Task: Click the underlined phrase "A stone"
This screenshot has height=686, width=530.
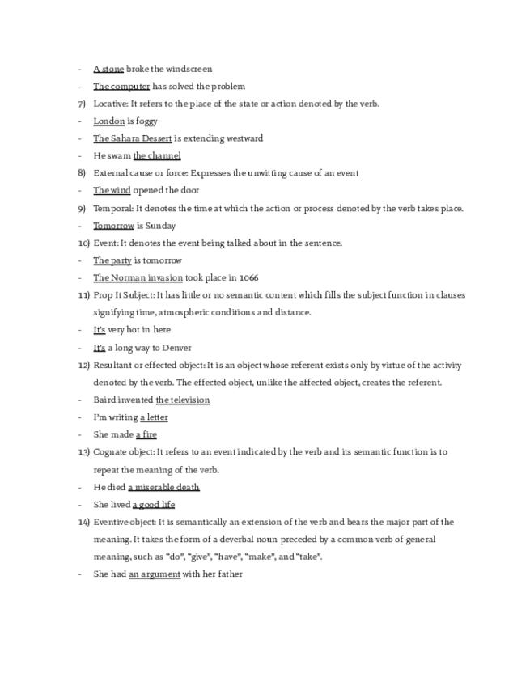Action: pyautogui.click(x=108, y=69)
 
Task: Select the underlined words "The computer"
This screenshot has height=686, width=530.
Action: pyautogui.click(x=121, y=87)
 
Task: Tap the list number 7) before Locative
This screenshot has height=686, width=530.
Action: pyautogui.click(x=82, y=104)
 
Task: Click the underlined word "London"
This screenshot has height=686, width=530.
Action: pyautogui.click(x=109, y=121)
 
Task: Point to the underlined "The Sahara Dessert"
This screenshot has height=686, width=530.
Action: pyautogui.click(x=133, y=138)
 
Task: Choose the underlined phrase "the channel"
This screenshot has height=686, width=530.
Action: pyautogui.click(x=157, y=155)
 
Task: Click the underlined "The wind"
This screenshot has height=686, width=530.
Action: pyautogui.click(x=112, y=190)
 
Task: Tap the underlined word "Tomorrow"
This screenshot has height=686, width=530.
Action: pyautogui.click(x=113, y=226)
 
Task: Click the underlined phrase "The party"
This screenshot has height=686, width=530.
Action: pyautogui.click(x=112, y=260)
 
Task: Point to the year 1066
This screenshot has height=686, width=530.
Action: pyautogui.click(x=248, y=277)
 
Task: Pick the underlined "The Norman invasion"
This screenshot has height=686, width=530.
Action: pyautogui.click(x=138, y=277)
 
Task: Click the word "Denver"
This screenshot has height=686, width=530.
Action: pyautogui.click(x=176, y=348)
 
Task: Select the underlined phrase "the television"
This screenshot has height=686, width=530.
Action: pyautogui.click(x=183, y=400)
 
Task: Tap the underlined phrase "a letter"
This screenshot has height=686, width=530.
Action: pyautogui.click(x=154, y=417)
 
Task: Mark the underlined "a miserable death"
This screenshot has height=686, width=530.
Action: pyautogui.click(x=163, y=487)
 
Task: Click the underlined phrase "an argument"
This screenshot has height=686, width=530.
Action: pyautogui.click(x=155, y=574)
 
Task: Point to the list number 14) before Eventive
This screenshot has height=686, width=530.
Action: pyautogui.click(x=83, y=522)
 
